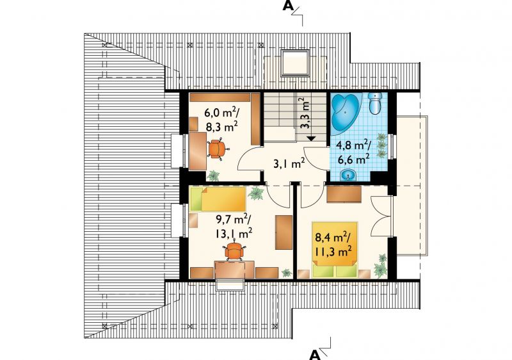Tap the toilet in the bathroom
pyautogui.click(x=376, y=103)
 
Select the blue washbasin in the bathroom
pyautogui.click(x=349, y=176)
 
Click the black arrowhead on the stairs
pyautogui.click(x=311, y=138)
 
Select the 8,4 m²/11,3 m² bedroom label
pyautogui.click(x=333, y=244)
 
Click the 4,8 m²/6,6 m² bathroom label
pyautogui.click(x=354, y=151)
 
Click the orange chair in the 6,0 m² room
pyautogui.click(x=216, y=149)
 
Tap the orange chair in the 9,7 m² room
pyautogui.click(x=234, y=251)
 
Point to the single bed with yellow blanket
pyautogui.click(x=218, y=199)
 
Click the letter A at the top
pyautogui.click(x=289, y=6)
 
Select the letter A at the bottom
pyautogui.click(x=314, y=354)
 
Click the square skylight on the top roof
pyautogui.click(x=295, y=63)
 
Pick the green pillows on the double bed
pyautogui.click(x=335, y=271)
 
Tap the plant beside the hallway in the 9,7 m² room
pyautogui.click(x=257, y=193)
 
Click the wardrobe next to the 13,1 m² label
pyautogui.click(x=284, y=233)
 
